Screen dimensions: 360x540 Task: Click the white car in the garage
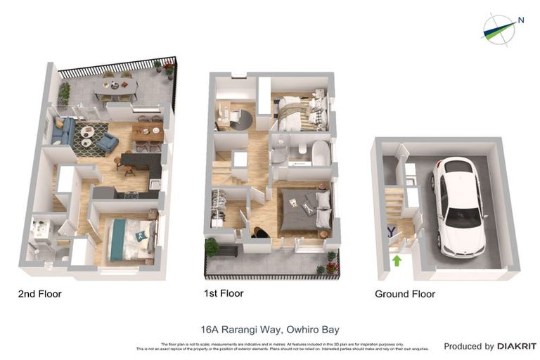(458, 205)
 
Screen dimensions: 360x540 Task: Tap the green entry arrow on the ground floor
(397, 261)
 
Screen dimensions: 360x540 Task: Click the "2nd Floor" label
(39, 294)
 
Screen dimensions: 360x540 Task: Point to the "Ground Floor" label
(405, 294)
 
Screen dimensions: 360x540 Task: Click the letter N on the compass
(520, 20)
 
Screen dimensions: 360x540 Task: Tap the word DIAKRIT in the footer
(517, 346)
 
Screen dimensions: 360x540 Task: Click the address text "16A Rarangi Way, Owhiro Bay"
(270, 328)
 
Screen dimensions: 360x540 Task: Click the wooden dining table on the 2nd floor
(148, 131)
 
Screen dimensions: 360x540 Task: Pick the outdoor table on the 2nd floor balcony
(117, 86)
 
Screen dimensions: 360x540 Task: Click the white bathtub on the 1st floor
(320, 153)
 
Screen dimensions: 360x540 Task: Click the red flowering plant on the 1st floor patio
(331, 269)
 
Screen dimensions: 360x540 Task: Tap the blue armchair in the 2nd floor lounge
(108, 143)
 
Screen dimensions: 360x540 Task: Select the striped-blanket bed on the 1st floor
(299, 112)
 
